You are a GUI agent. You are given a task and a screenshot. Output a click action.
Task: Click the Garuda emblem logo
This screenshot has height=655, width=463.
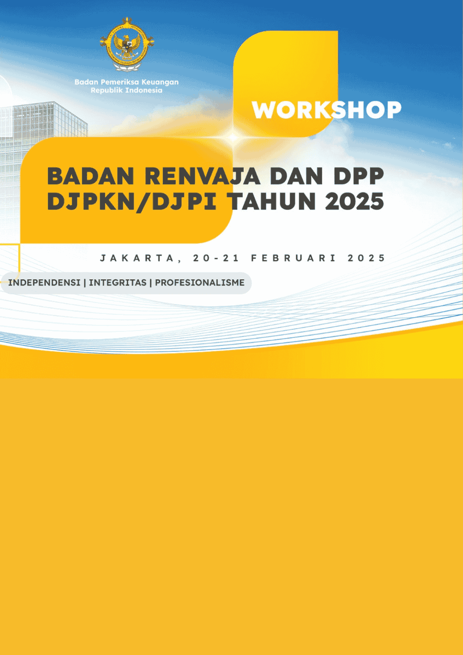pos(127,44)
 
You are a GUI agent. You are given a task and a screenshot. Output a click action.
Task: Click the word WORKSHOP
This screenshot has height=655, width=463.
pos(326,110)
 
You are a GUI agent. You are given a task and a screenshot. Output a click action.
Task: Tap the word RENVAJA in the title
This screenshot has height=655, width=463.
pos(202,176)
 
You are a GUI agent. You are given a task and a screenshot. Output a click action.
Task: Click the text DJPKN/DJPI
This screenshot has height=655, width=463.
pos(132,201)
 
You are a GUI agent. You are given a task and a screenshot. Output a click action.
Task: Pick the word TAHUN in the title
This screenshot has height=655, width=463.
pos(272,201)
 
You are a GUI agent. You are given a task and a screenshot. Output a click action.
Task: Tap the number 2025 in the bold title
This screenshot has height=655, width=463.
pos(355,201)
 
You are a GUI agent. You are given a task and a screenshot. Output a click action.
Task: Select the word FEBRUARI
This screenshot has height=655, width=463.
pos(294,258)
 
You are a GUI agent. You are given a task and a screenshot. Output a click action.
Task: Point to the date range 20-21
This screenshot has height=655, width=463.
pos(217,258)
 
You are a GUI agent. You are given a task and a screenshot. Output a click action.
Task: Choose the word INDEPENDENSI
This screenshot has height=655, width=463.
pos(44,283)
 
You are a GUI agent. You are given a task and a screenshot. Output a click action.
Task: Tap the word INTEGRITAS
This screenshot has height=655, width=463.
pos(117,283)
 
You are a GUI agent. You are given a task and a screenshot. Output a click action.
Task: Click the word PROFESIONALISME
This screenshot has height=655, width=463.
pos(200,283)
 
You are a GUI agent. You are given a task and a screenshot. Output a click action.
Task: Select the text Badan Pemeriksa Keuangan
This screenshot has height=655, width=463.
pos(126,82)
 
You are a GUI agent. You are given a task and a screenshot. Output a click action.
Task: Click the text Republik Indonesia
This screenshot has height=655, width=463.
pos(126,90)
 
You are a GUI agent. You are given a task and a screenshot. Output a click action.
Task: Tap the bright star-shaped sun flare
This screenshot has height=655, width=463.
pos(233,137)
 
